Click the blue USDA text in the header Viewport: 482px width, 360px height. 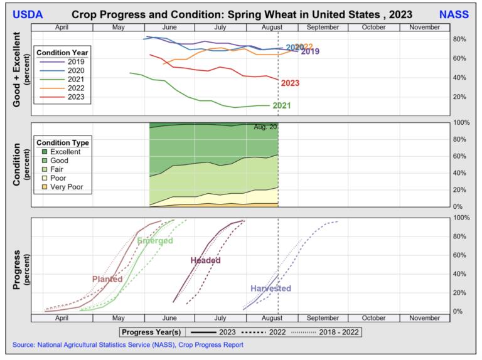[27, 14]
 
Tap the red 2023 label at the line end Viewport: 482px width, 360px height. [290, 83]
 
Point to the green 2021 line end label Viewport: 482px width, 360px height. [281, 105]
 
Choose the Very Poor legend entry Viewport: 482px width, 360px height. [71, 186]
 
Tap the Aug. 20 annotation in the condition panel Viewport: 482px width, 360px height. [265, 127]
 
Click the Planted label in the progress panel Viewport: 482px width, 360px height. [107, 279]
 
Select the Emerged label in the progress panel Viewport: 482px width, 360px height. [155, 241]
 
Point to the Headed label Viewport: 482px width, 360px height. [205, 260]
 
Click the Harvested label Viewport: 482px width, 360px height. [270, 289]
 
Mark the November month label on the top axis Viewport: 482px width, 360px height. [424, 27]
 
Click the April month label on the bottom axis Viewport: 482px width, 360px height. [62, 318]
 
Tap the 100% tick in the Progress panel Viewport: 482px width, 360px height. [462, 218]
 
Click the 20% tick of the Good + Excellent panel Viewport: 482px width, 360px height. [460, 97]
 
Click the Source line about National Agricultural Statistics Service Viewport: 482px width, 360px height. [127, 345]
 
